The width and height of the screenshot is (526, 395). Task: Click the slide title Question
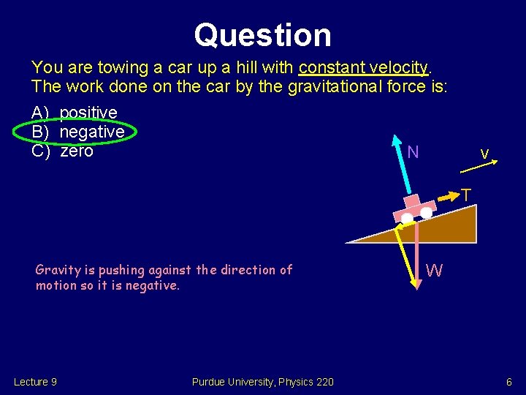pyautogui.click(x=262, y=34)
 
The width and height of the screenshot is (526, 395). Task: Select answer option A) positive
pyautogui.click(x=75, y=113)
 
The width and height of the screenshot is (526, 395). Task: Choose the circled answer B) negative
pyautogui.click(x=78, y=132)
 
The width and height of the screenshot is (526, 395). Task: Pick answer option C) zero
pyautogui.click(x=63, y=151)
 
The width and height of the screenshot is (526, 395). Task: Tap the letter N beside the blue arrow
pyautogui.click(x=413, y=152)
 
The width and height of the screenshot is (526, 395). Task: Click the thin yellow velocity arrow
pyautogui.click(x=480, y=167)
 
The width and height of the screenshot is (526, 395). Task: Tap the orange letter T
pyautogui.click(x=465, y=195)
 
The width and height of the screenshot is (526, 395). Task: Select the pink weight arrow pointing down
pyautogui.click(x=416, y=256)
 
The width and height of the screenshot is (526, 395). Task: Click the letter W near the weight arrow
pyautogui.click(x=434, y=271)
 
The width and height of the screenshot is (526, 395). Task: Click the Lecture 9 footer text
pyautogui.click(x=36, y=382)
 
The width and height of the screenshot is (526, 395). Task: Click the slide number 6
pyautogui.click(x=509, y=382)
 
